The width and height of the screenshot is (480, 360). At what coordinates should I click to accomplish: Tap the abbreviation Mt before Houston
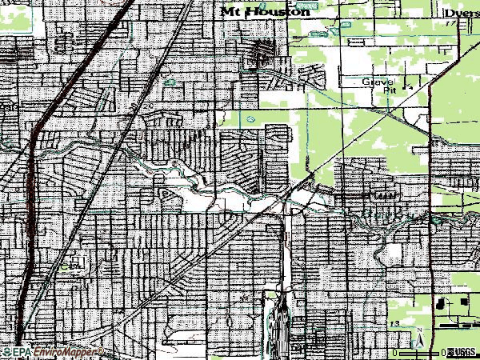[229, 11]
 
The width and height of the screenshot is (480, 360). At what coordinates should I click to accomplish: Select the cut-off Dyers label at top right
[463, 12]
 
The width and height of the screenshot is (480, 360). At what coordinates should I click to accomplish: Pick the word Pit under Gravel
[390, 90]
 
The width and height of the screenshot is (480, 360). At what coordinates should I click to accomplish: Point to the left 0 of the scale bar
[394, 352]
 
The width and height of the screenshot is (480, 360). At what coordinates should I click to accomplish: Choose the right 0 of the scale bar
[443, 352]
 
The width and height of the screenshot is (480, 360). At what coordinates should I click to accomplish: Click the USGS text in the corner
[464, 352]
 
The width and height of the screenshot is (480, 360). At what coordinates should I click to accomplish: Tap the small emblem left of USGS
[450, 352]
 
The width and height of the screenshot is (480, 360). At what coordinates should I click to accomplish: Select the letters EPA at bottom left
[22, 352]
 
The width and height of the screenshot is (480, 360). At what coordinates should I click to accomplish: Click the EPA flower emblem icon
[6, 352]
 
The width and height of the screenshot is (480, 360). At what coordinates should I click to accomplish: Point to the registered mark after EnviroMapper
[100, 350]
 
